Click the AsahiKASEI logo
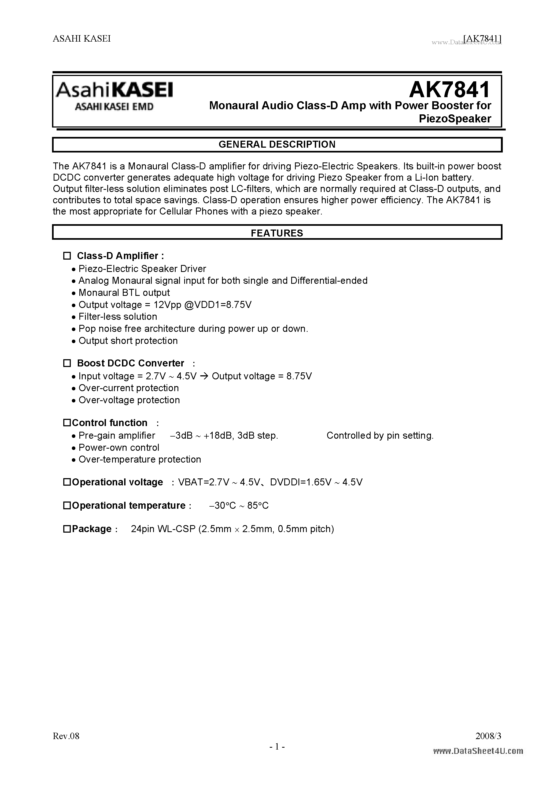pyautogui.click(x=115, y=90)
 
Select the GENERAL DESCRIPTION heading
pyautogui.click(x=277, y=144)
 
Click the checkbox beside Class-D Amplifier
pyautogui.click(x=67, y=256)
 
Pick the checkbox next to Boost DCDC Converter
pyautogui.click(x=67, y=363)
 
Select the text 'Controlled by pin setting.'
pyautogui.click(x=380, y=435)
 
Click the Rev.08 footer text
pyautogui.click(x=66, y=736)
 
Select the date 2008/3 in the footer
pyautogui.click(x=488, y=736)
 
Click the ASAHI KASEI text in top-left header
pyautogui.click(x=82, y=39)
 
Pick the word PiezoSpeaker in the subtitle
pyautogui.click(x=455, y=119)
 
